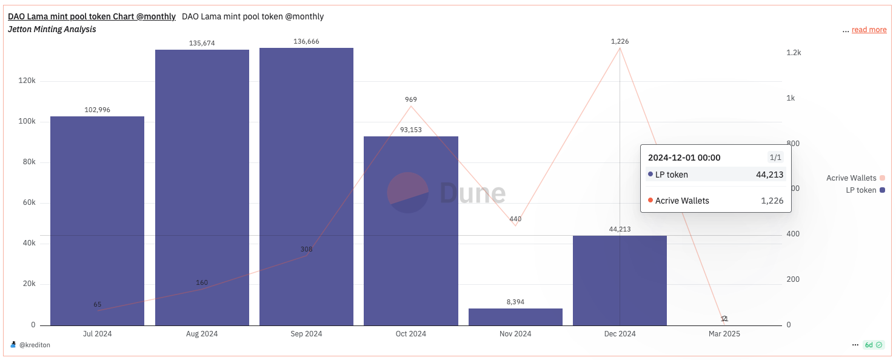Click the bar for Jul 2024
(97, 221)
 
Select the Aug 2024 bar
(202, 187)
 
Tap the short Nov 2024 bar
(515, 317)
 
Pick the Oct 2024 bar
(410, 231)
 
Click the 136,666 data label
(306, 41)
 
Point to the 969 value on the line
(411, 99)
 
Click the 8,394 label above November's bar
(515, 301)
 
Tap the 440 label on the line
(515, 219)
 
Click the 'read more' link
(869, 30)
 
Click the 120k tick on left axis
(27, 81)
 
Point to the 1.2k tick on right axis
(794, 53)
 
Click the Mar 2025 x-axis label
(724, 334)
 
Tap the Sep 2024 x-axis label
(306, 334)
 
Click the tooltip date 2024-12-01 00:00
(684, 158)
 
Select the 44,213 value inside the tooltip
(769, 175)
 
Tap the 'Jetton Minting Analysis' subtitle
(52, 29)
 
